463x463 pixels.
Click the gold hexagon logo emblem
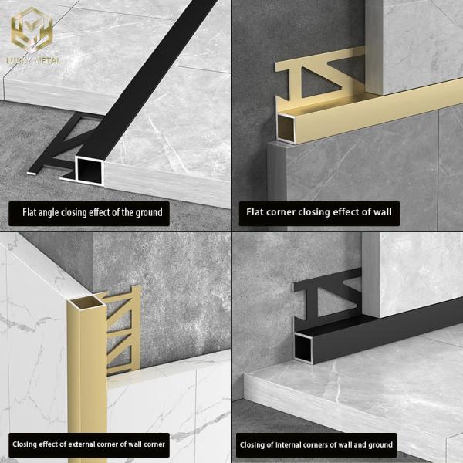[x=32, y=29]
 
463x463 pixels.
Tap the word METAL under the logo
[x=47, y=60]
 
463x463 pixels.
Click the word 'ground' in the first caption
[x=149, y=212]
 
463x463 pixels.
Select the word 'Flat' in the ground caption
[x=29, y=212]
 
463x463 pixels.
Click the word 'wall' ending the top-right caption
[x=382, y=211]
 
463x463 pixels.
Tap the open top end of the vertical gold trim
[x=86, y=303]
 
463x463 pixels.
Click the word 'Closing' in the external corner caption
[x=25, y=444]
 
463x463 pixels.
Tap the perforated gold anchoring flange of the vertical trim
[x=122, y=331]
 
